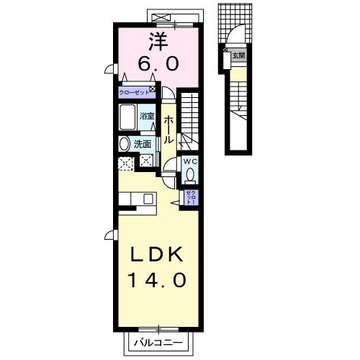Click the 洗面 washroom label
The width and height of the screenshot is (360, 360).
tap(143, 143)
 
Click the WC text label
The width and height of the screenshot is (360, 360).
tap(190, 161)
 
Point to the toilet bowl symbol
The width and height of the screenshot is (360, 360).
tap(190, 174)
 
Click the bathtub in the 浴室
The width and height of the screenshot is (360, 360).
tap(128, 117)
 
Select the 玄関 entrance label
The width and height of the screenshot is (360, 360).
tap(238, 55)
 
